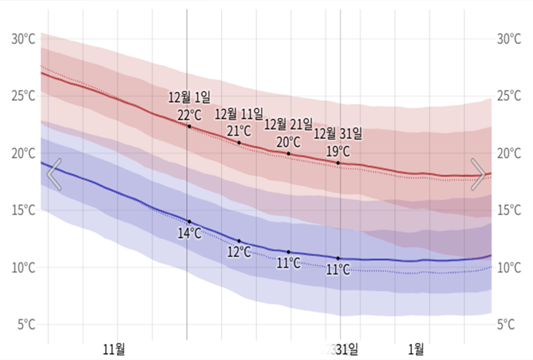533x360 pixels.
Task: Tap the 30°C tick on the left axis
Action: (23, 39)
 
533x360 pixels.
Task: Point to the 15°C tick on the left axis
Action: (23, 210)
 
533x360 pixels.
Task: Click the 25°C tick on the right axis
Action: (509, 97)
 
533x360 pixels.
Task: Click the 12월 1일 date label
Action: (189, 98)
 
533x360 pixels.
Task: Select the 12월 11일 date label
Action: (239, 114)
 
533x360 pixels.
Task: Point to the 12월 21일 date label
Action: (288, 124)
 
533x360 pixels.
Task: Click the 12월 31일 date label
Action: (338, 134)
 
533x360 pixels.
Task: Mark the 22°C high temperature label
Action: (189, 115)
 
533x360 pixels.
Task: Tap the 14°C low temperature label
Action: (189, 234)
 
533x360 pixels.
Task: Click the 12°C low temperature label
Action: (239, 252)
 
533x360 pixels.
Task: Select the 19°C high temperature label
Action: (338, 151)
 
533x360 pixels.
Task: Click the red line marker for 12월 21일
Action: (289, 154)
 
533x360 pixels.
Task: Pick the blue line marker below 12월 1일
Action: (189, 222)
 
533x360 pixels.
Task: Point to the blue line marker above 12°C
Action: (239, 241)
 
